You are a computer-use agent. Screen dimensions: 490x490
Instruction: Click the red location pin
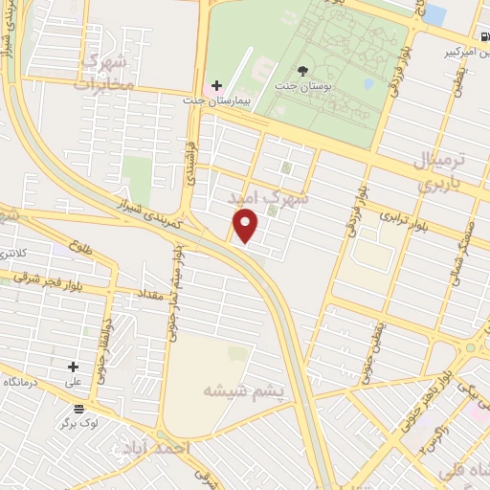point(246,226)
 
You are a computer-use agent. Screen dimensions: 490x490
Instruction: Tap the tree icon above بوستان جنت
point(303,71)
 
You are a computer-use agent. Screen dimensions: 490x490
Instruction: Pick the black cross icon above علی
point(73,366)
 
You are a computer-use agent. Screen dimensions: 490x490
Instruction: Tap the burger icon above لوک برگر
point(78,408)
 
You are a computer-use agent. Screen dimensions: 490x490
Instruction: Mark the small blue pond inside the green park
point(435,14)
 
